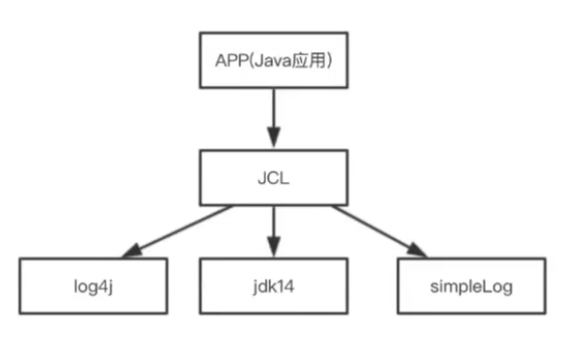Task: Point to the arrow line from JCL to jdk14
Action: click(x=274, y=228)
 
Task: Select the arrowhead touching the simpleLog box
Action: click(x=416, y=251)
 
